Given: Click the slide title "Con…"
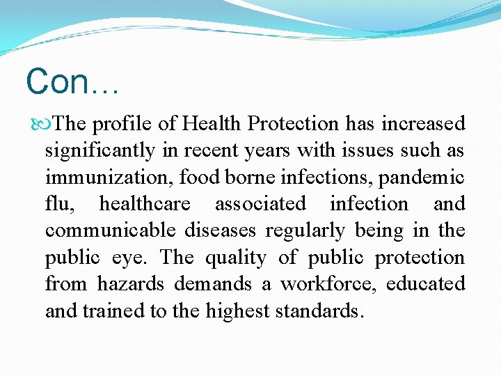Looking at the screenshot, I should (x=72, y=82).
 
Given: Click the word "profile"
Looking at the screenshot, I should (x=122, y=124).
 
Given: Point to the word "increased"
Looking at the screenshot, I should (x=422, y=124).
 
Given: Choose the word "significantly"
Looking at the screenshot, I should (x=99, y=150).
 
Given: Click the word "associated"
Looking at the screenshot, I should (x=260, y=204).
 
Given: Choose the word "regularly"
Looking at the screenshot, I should (x=318, y=230).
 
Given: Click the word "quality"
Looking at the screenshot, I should (x=235, y=258).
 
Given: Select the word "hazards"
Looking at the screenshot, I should (x=131, y=284).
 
